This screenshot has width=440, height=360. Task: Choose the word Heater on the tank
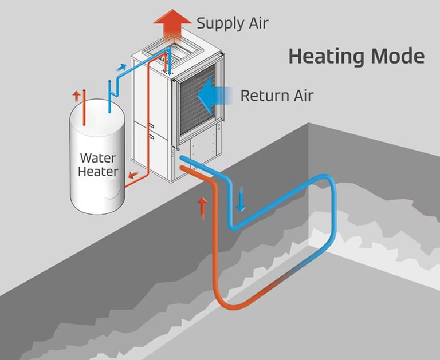(99, 171)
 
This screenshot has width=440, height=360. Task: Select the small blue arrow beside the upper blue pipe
(121, 69)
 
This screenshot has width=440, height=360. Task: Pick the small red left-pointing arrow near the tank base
(132, 176)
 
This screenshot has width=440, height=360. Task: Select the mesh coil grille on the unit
(197, 100)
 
